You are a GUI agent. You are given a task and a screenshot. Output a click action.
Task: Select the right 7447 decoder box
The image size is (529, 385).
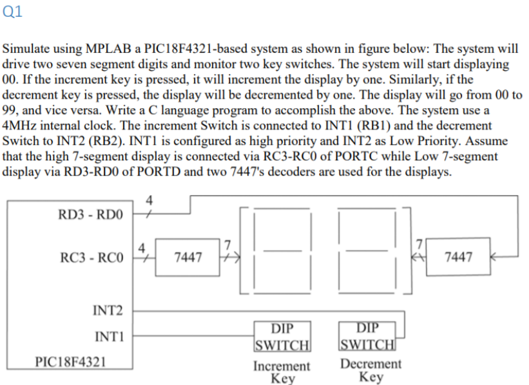tap(458, 258)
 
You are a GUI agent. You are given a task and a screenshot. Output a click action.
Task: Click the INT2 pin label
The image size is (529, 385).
tap(108, 312)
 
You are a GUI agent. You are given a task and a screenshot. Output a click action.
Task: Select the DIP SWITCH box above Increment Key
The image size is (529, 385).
tap(282, 336)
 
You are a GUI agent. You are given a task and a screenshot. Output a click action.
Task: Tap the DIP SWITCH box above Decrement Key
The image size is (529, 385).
tap(367, 336)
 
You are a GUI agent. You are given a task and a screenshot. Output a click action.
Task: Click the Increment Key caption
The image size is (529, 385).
tap(282, 371)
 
